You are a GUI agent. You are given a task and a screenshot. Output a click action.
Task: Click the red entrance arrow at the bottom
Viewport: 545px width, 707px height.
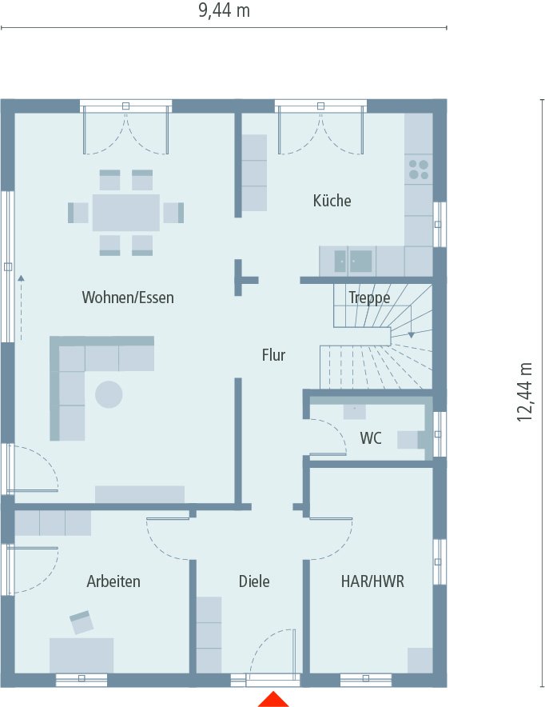coord(273,699)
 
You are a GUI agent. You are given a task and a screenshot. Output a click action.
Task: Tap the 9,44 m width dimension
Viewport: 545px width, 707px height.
coord(224,10)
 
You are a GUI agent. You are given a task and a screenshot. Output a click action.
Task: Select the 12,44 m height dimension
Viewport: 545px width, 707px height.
coord(525,391)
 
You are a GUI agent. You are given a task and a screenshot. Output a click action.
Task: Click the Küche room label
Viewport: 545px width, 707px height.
coord(332,201)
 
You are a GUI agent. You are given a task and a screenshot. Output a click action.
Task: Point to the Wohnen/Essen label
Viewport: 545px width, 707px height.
coord(128,298)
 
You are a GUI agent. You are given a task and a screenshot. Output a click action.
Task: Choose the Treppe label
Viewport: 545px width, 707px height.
coord(369,298)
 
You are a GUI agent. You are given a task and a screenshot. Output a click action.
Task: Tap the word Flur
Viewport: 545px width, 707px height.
coord(273,354)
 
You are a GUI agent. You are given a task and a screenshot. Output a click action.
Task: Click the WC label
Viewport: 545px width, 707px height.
coord(371,438)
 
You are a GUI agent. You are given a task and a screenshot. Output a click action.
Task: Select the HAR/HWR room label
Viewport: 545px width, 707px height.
coord(372,581)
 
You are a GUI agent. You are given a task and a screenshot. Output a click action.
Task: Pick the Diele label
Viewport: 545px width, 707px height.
coord(254,581)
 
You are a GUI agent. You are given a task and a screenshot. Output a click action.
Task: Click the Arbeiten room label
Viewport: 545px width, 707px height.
coord(113,581)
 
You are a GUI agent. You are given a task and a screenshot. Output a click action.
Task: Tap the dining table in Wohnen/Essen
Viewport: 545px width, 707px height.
coord(126,213)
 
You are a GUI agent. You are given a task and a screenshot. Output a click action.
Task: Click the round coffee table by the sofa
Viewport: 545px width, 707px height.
coord(109,394)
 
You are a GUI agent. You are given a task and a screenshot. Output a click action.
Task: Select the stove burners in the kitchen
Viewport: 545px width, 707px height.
coord(419,170)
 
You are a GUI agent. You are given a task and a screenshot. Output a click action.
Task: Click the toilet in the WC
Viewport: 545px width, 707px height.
coord(411,439)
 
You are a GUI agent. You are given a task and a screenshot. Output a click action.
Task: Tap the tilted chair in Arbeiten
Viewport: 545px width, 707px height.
coord(82,622)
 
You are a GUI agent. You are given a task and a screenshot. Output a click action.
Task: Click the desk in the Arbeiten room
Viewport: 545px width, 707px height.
coord(82,654)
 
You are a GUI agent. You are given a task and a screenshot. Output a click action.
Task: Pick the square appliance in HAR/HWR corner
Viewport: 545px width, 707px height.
coord(420,660)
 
